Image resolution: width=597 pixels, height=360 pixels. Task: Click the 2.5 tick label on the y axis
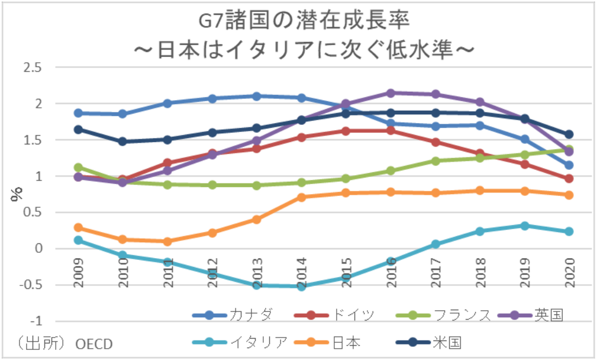point(32,67)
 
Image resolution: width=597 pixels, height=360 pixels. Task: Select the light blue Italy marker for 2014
point(302,286)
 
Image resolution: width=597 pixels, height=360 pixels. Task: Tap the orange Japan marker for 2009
point(78,227)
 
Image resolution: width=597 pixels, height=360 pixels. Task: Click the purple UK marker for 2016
point(391,93)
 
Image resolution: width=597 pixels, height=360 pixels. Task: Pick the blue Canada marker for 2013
point(257,96)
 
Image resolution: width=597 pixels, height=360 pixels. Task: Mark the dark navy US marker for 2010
point(122,142)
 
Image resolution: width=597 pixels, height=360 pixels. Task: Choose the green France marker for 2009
point(78,168)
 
